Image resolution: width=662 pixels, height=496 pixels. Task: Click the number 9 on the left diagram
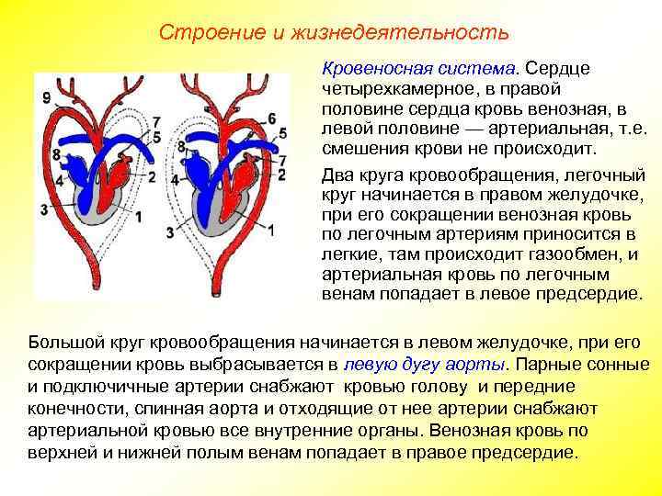coord(47,97)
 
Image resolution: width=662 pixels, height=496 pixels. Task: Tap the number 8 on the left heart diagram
coord(57,154)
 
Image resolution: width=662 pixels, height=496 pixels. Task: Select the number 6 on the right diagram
coord(271,118)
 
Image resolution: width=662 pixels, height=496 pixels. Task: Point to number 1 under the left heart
coord(139,217)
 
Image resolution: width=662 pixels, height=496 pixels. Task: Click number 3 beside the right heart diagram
coord(169,233)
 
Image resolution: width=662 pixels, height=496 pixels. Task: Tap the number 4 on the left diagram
coord(60,180)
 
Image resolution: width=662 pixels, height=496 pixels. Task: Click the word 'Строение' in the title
coord(195,33)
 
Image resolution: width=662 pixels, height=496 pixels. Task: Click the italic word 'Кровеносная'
coord(368,68)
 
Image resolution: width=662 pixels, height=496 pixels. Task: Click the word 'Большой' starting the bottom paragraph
coord(60,342)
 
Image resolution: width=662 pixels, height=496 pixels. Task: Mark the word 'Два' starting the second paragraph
coord(337,175)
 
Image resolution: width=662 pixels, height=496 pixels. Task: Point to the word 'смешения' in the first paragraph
coord(363,149)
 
